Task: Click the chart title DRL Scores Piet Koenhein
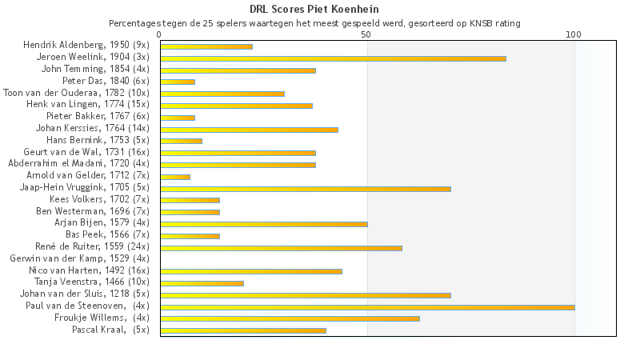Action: point(314,9)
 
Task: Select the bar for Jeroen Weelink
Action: point(333,58)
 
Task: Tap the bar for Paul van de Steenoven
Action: point(367,306)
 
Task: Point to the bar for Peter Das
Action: point(178,82)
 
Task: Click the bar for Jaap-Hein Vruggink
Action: point(306,189)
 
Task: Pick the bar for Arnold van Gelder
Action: point(175,177)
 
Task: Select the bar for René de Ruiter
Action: point(281,248)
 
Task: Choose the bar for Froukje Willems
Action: point(290,318)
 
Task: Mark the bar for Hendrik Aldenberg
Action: point(206,46)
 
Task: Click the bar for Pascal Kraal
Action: point(243,330)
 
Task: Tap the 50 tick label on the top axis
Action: point(366,34)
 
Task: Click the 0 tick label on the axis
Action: point(160,34)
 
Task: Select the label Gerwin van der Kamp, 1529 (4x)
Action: point(79,258)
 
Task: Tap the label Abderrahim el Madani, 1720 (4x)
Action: point(78,164)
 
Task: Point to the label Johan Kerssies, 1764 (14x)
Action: point(93,128)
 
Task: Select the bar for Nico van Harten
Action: point(251,271)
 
